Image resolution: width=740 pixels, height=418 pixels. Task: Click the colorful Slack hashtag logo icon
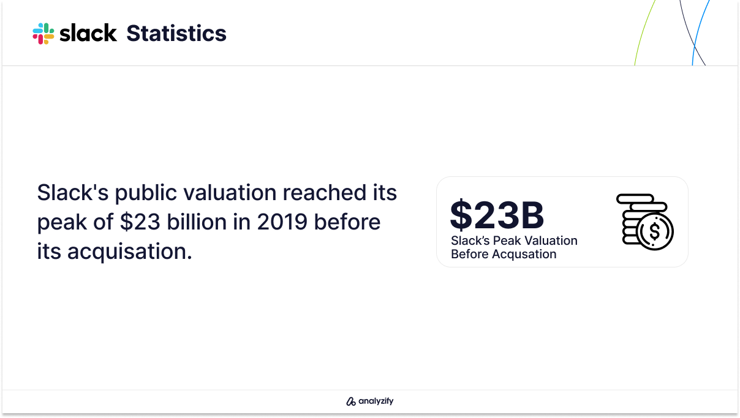(x=43, y=34)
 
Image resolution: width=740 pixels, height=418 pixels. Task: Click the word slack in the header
(x=88, y=33)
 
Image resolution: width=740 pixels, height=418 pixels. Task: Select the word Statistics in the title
(x=176, y=33)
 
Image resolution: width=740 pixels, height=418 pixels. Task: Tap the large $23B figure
(x=497, y=215)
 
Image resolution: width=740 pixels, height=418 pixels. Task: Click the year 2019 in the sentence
(x=282, y=222)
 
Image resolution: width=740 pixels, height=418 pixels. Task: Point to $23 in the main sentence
(x=140, y=222)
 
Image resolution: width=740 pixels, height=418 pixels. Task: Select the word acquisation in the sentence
(x=129, y=252)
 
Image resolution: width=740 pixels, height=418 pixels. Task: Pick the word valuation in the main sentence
(x=230, y=193)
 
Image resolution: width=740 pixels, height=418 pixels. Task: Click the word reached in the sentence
(x=325, y=192)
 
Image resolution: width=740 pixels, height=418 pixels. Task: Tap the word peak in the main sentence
(x=62, y=222)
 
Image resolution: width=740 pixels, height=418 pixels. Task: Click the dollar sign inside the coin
(x=654, y=231)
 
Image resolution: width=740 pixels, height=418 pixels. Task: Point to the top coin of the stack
(x=635, y=198)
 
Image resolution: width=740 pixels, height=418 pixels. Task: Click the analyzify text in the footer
(x=376, y=401)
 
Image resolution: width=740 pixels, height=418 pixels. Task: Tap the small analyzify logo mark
(x=350, y=401)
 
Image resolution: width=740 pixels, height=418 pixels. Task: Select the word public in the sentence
(x=146, y=193)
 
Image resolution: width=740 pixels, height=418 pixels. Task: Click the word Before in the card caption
(x=470, y=255)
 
